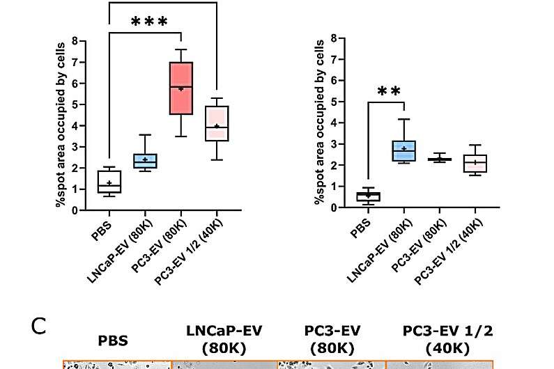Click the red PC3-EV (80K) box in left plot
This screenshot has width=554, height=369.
[181, 88]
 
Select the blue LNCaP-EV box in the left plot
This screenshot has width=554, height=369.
[145, 161]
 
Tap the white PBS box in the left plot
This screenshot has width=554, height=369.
[109, 181]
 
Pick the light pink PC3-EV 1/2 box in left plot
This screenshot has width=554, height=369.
[217, 123]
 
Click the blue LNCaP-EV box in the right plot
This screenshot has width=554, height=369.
[404, 150]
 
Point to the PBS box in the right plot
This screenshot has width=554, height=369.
[369, 196]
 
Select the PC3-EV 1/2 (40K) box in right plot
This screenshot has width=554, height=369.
[475, 163]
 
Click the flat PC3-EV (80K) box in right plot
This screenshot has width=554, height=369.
[440, 159]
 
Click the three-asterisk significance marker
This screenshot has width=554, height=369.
[149, 22]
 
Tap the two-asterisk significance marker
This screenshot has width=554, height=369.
[390, 92]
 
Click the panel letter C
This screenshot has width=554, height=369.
[39, 326]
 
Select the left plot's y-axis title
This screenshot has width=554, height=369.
[61, 125]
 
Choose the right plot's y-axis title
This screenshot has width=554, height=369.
[319, 123]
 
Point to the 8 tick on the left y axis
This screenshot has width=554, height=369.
[84, 41]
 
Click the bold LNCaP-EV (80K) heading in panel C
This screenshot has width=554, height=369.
[224, 338]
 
